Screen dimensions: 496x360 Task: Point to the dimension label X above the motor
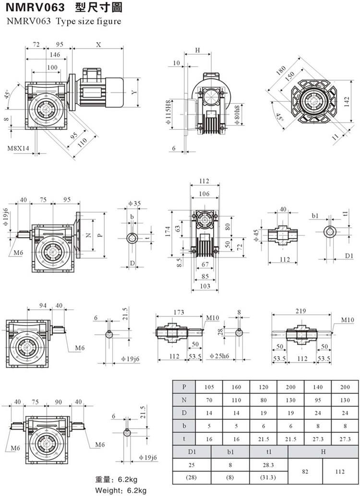click(98, 44)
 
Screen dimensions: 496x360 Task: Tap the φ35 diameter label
click(134, 204)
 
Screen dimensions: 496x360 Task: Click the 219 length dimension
click(301, 311)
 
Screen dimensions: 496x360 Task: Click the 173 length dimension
click(179, 313)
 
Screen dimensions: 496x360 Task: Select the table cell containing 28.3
click(268, 465)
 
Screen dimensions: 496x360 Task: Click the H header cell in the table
click(323, 451)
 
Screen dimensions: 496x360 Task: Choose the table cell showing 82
click(305, 472)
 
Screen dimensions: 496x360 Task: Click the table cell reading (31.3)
click(268, 478)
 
